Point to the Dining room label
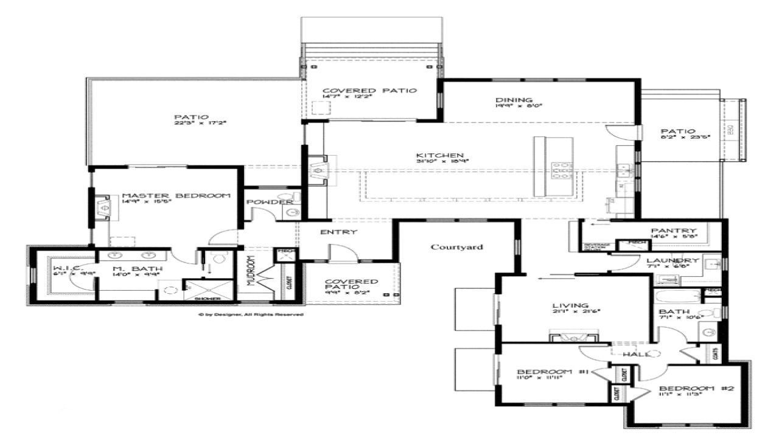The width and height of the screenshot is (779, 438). pyautogui.click(x=505, y=100)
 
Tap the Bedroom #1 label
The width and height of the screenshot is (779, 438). pyautogui.click(x=552, y=372)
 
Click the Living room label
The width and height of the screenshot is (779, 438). pyautogui.click(x=570, y=305)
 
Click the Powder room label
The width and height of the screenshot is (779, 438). pyautogui.click(x=270, y=202)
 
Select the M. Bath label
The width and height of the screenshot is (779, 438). pyautogui.click(x=128, y=268)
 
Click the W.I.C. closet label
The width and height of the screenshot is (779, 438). pyautogui.click(x=65, y=268)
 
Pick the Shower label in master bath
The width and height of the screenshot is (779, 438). pyautogui.click(x=203, y=299)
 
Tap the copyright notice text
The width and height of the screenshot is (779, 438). pyautogui.click(x=251, y=315)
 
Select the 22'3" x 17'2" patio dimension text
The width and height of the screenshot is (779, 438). pyautogui.click(x=192, y=123)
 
